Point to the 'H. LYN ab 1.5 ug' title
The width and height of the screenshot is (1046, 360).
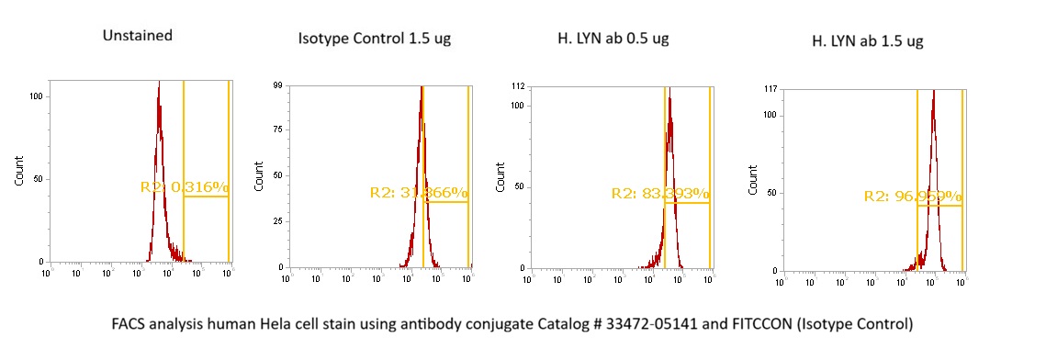click(867, 40)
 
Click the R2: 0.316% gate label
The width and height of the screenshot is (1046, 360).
click(184, 187)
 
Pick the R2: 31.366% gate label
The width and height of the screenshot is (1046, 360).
click(419, 193)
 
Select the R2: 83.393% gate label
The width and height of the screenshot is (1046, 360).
click(660, 194)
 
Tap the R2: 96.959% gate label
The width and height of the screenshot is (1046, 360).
click(913, 197)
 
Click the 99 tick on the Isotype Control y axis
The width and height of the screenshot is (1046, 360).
click(276, 85)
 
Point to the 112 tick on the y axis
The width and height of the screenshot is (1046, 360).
click(517, 85)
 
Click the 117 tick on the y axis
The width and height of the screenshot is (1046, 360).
click(770, 88)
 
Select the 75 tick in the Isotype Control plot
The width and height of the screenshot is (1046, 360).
click(276, 130)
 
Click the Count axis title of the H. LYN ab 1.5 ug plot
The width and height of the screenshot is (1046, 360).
click(752, 179)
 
